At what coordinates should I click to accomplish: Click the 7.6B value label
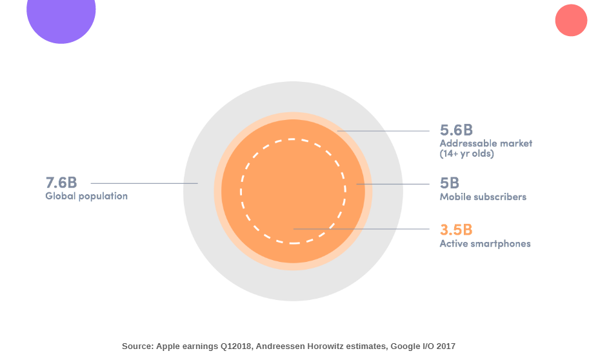pyautogui.click(x=61, y=183)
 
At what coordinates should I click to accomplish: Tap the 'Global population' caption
pyautogui.click(x=86, y=196)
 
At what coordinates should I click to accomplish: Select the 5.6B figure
pyautogui.click(x=457, y=130)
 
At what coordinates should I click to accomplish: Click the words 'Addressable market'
pyautogui.click(x=486, y=143)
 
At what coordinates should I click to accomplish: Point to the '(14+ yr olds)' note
pyautogui.click(x=466, y=154)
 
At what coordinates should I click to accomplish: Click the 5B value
pyautogui.click(x=449, y=183)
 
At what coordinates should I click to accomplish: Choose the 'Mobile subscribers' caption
pyautogui.click(x=483, y=197)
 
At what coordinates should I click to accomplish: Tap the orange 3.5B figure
pyautogui.click(x=456, y=230)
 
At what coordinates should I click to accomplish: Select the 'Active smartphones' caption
pyautogui.click(x=485, y=244)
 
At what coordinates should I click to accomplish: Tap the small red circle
pyautogui.click(x=571, y=20)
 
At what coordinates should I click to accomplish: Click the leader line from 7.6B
pyautogui.click(x=144, y=183)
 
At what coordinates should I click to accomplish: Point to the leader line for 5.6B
pyautogui.click(x=383, y=131)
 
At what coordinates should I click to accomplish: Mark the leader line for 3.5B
pyautogui.click(x=361, y=229)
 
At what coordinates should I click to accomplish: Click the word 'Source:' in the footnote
pyautogui.click(x=137, y=346)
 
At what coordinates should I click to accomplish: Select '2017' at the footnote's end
pyautogui.click(x=446, y=346)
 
